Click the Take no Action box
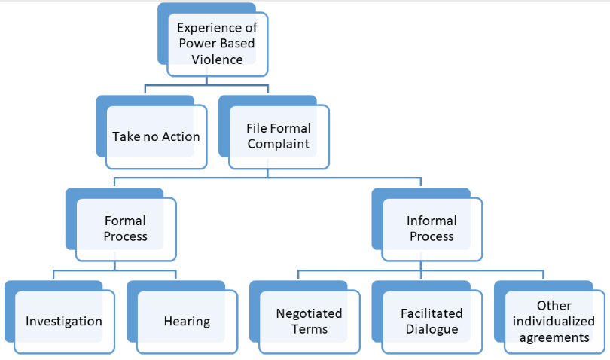[156, 136]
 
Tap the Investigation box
[64, 321]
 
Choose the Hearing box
[186, 321]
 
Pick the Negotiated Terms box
[309, 321]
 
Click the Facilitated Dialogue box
[432, 321]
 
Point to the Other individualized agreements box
[554, 321]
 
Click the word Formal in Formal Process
[125, 221]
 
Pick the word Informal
[432, 221]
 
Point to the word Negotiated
[309, 313]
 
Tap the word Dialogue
[432, 328]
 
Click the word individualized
[554, 322]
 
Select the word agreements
[554, 337]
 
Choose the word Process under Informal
[432, 236]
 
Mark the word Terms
[309, 328]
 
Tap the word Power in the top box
[194, 43]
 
